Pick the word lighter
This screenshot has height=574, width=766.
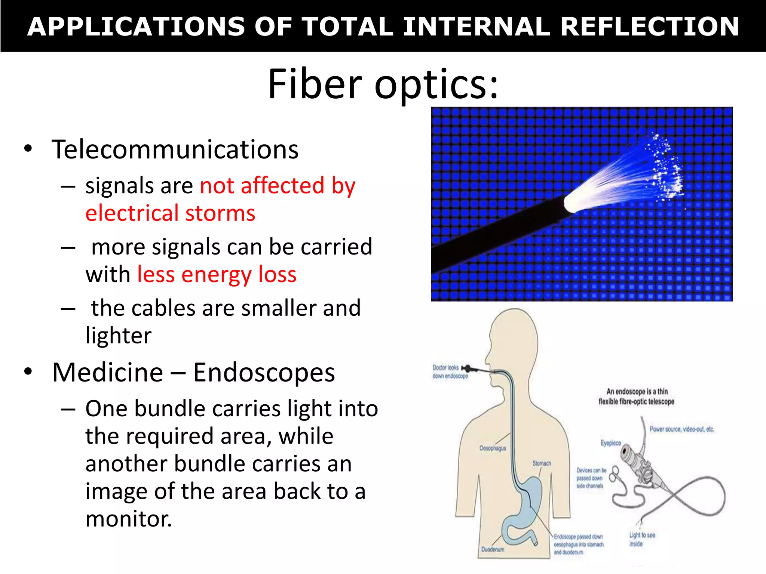pyautogui.click(x=119, y=335)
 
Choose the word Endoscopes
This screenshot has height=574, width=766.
pyautogui.click(x=264, y=373)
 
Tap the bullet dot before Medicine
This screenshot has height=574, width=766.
pyautogui.click(x=28, y=372)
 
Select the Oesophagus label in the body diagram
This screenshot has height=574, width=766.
pyautogui.click(x=493, y=448)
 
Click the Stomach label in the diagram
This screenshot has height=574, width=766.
pyautogui.click(x=542, y=463)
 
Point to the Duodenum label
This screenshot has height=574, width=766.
pyautogui.click(x=493, y=549)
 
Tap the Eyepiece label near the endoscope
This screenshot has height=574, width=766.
pyautogui.click(x=610, y=443)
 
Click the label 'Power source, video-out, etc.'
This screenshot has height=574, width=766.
pyautogui.click(x=681, y=429)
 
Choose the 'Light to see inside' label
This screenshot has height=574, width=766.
pyautogui.click(x=641, y=539)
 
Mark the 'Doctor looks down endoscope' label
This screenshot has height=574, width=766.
pyautogui.click(x=450, y=372)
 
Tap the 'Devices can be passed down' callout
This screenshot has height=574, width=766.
pyautogui.click(x=591, y=478)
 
